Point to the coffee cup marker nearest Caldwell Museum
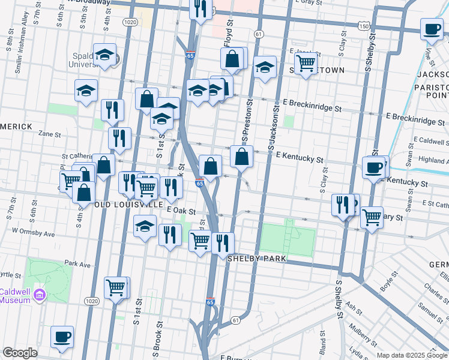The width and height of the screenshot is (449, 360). pyautogui.click(x=62, y=338)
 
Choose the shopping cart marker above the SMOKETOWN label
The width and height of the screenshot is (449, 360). pyautogui.click(x=306, y=62)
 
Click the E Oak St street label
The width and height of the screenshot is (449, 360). pyautogui.click(x=182, y=211)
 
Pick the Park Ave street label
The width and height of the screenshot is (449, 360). pyautogui.click(x=77, y=264)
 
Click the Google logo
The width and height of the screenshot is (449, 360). pyautogui.click(x=20, y=353)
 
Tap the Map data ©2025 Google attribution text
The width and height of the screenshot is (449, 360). pyautogui.click(x=412, y=355)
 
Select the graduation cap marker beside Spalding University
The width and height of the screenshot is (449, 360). pyautogui.click(x=105, y=55)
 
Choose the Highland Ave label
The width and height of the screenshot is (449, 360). pyautogui.click(x=432, y=160)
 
